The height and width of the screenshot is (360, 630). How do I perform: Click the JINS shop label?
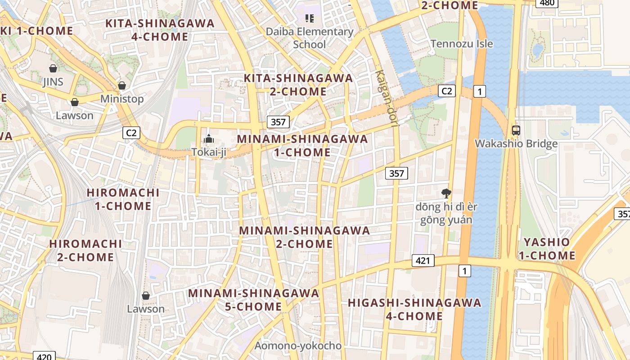[53, 82]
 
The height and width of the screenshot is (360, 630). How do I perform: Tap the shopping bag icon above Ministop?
[121, 85]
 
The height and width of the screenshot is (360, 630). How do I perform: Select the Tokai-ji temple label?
[209, 152]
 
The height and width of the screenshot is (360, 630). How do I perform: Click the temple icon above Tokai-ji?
[209, 138]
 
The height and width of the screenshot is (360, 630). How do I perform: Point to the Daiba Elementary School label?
[310, 38]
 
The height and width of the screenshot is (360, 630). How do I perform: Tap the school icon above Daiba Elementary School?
[309, 18]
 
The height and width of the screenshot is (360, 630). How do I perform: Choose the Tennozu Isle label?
[462, 44]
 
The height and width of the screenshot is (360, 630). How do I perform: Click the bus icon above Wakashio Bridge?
[516, 130]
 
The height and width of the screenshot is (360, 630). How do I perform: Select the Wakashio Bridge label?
[516, 144]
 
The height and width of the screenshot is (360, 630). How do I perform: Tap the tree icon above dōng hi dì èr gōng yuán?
[446, 193]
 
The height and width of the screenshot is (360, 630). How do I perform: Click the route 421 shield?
[423, 260]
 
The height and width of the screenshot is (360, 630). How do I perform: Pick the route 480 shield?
[547, 3]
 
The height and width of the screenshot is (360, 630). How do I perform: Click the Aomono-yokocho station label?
[298, 346]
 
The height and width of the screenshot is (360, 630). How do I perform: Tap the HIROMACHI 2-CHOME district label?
[85, 251]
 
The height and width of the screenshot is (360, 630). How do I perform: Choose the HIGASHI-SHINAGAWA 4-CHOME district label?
[414, 309]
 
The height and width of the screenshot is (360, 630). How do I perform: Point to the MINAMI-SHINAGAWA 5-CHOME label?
[253, 300]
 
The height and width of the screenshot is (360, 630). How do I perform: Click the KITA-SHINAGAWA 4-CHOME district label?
[160, 30]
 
